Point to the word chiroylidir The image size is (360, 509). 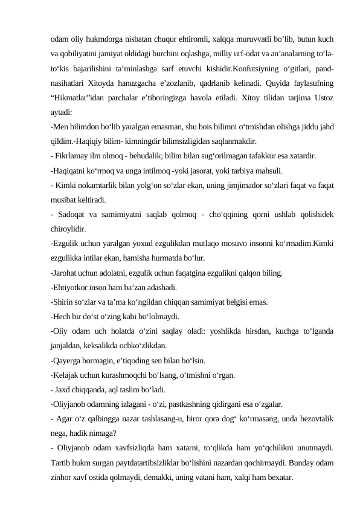tap(68, 229)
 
